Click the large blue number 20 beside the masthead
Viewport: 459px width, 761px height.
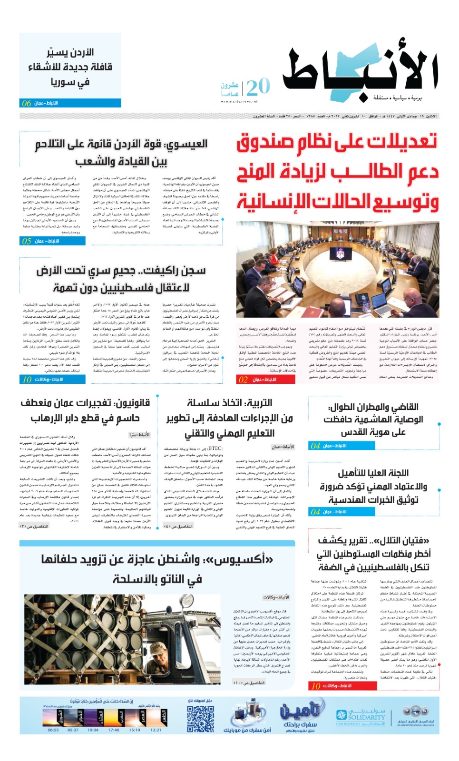tap(258, 88)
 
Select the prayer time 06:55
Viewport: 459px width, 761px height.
tap(53, 730)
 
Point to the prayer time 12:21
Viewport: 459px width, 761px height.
tap(156, 730)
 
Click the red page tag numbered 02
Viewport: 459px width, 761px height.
tap(265, 380)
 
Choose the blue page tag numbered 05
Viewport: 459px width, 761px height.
tap(52, 241)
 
